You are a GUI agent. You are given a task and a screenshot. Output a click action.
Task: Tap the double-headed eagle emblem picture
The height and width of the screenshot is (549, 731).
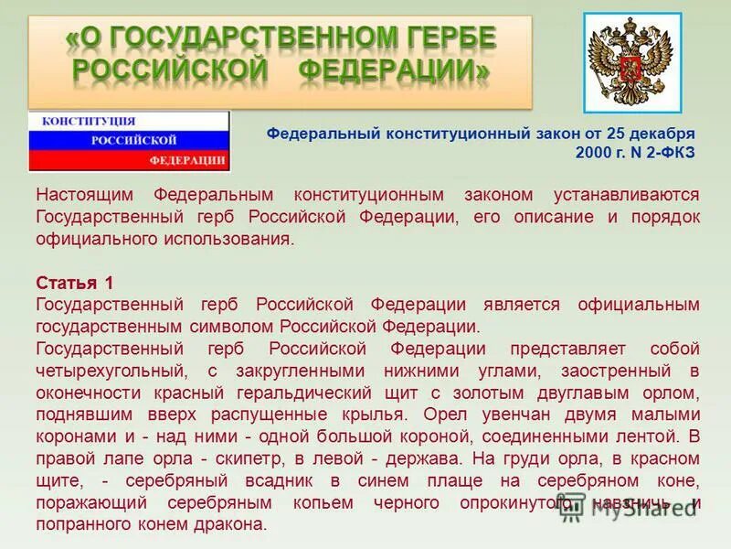pos(632,63)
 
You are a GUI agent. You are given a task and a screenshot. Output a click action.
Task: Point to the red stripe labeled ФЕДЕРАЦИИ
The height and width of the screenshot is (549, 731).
pos(187,160)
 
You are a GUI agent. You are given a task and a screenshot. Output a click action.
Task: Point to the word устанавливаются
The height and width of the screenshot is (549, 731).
pos(627,195)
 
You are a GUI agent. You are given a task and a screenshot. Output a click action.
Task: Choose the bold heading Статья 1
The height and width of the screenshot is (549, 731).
pos(75,283)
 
